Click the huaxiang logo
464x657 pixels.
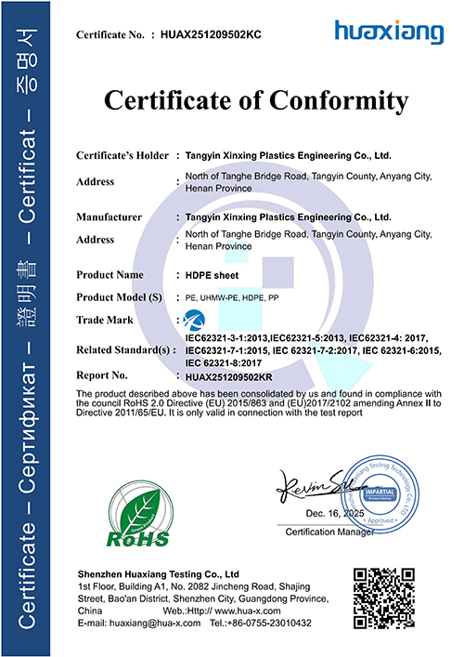pyautogui.click(x=389, y=33)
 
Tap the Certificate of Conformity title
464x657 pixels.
pyautogui.click(x=256, y=99)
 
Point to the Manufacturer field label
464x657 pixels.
pyautogui.click(x=109, y=217)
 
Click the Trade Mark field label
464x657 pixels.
pyautogui.click(x=103, y=320)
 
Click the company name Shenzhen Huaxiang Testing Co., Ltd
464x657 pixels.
pyautogui.click(x=159, y=574)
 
